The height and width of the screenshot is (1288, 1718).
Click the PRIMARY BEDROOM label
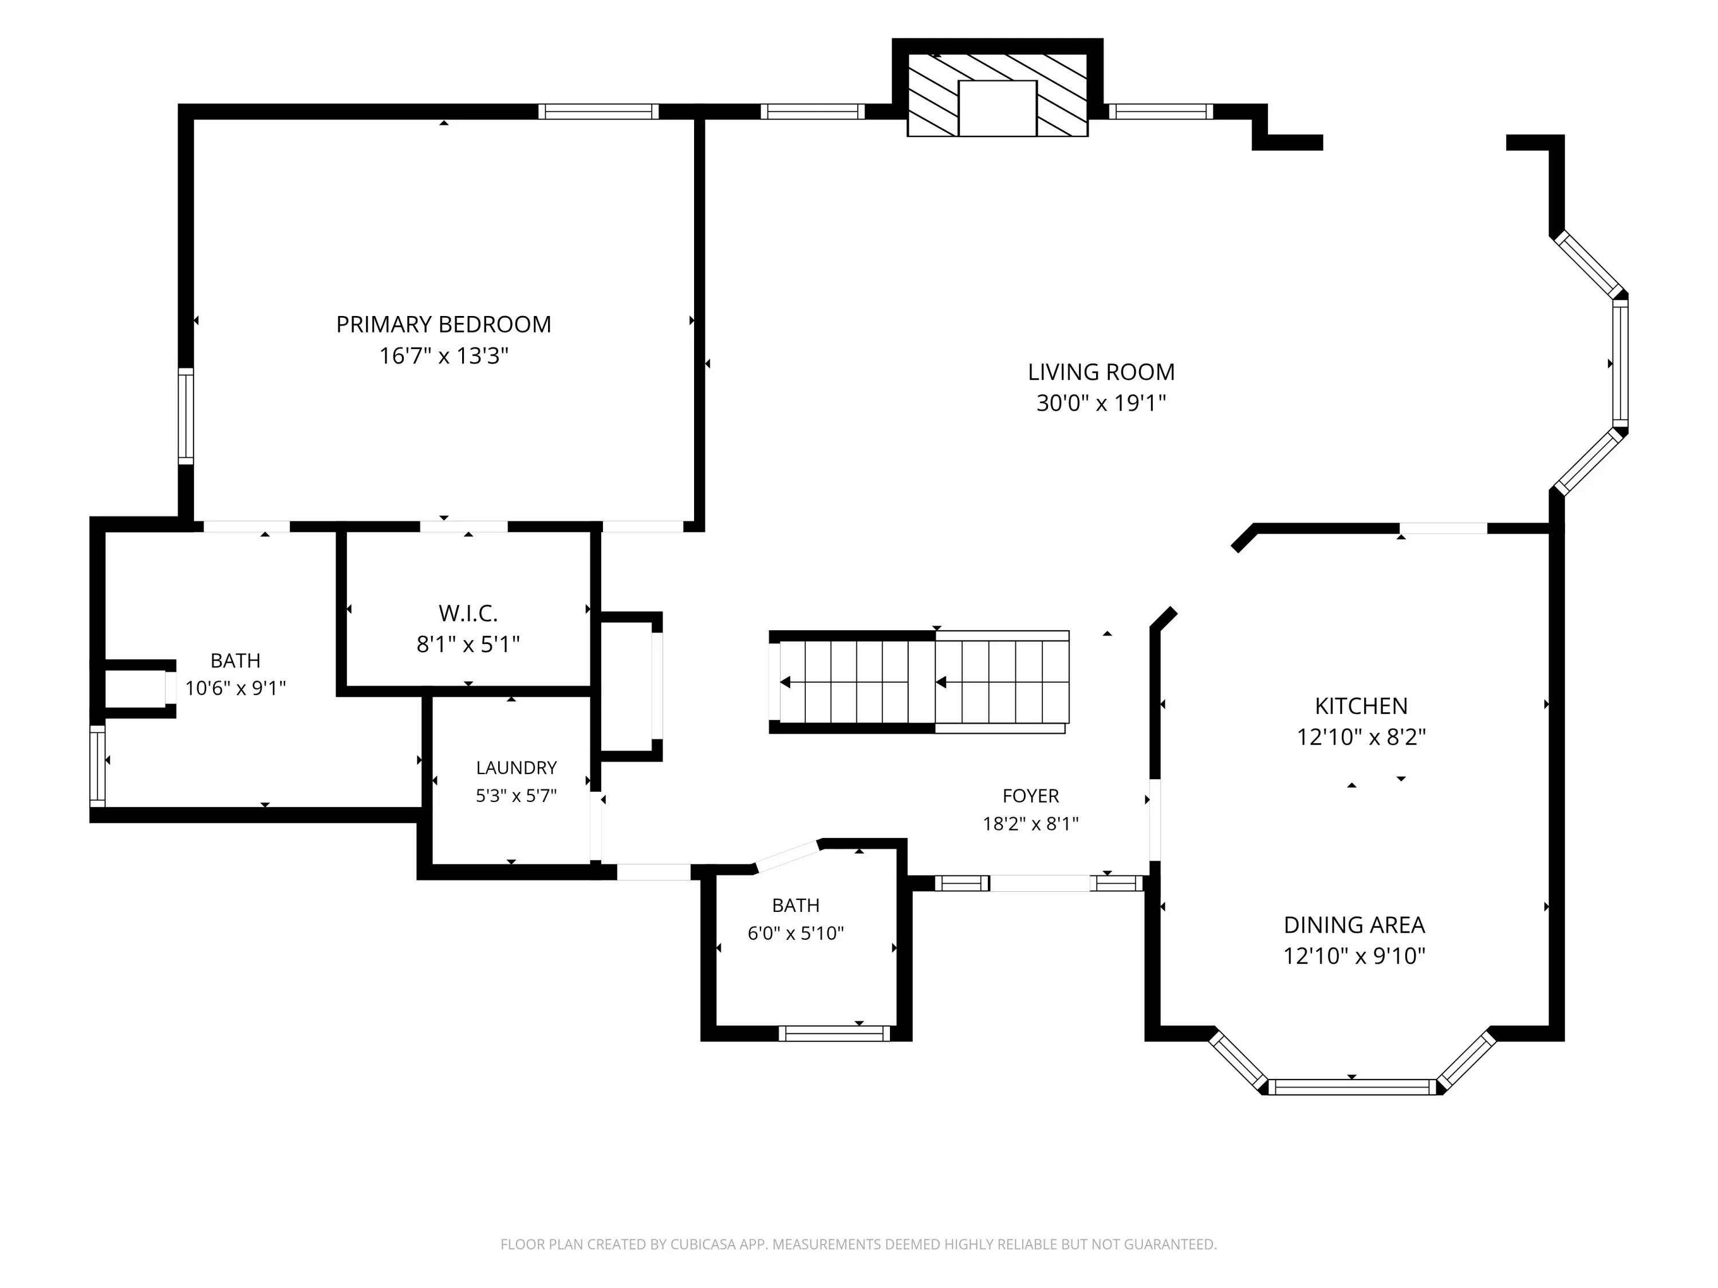443,324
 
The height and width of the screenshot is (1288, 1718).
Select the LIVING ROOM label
1101,372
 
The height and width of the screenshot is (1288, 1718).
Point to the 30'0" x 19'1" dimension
1101,403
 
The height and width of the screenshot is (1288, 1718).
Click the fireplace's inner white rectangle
997,108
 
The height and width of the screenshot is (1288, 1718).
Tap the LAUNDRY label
517,768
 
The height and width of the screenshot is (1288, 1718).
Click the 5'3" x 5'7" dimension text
517,796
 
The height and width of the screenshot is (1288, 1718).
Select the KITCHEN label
1361,706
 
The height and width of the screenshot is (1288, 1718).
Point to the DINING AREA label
1354,924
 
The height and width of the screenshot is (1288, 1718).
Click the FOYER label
1031,796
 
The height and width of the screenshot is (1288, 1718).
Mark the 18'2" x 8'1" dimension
1031,824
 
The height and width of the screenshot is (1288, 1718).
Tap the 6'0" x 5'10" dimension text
795,933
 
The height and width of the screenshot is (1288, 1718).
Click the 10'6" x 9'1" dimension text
235,688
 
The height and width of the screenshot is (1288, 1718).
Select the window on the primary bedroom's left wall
186,416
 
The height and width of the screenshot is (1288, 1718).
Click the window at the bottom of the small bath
834,1033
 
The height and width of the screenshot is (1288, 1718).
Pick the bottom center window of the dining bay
1352,1087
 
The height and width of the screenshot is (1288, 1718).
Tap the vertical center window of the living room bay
1620,364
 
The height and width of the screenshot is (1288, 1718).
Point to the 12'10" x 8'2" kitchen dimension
1361,737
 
